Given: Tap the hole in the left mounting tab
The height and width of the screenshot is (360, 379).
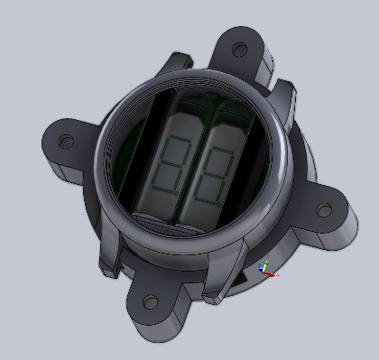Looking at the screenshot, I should (64, 142).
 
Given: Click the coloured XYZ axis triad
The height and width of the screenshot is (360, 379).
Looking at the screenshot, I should (266, 268).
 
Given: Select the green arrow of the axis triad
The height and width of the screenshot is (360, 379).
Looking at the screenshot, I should (263, 264).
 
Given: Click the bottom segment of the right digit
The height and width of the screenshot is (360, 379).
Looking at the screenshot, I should (208, 199).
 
